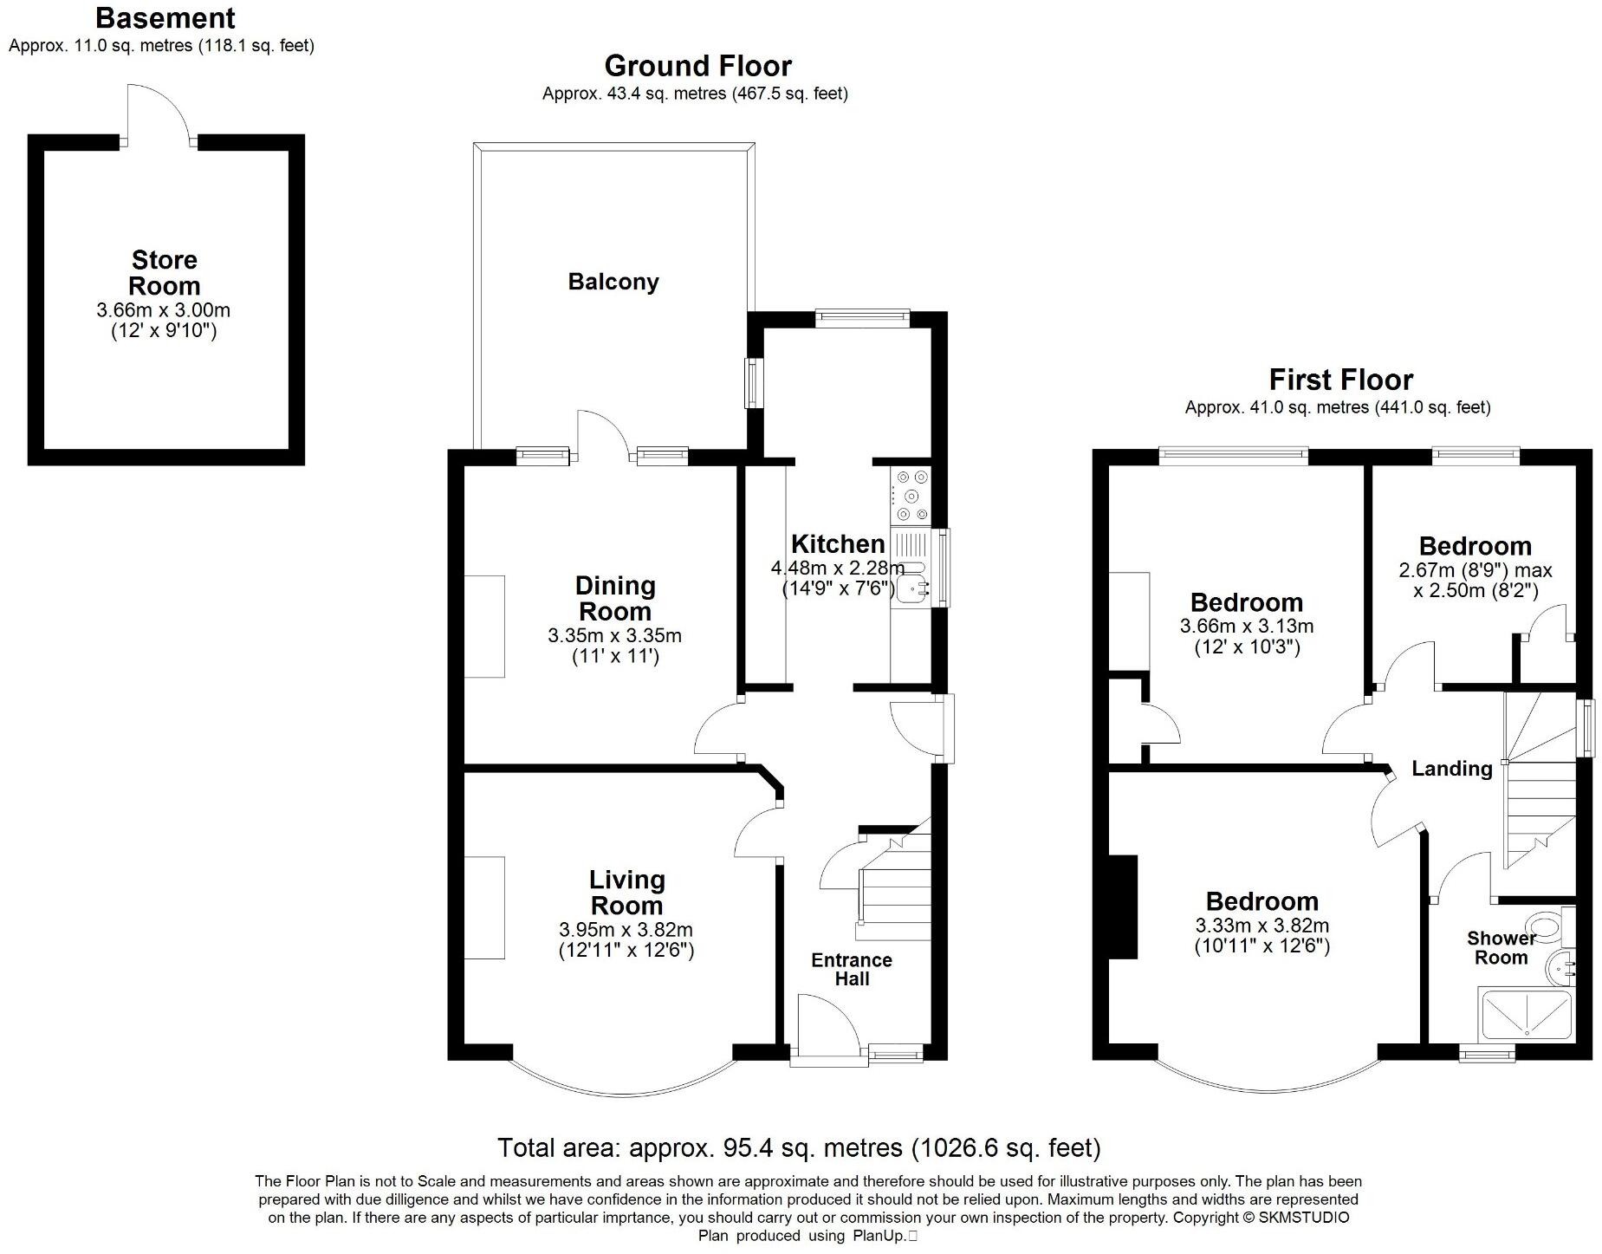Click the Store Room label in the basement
tap(165, 272)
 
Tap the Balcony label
tap(613, 282)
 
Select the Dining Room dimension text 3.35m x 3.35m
tap(614, 635)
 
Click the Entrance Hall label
tap(852, 969)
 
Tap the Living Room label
tap(626, 892)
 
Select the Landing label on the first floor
tap(1451, 768)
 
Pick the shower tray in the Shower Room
tap(1526, 1013)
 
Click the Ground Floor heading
tap(697, 66)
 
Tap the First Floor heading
tap(1340, 380)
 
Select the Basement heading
tap(165, 17)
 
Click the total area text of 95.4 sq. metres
tap(798, 1148)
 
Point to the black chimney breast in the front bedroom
tap(1123, 906)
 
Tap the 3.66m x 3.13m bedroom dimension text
tap(1246, 626)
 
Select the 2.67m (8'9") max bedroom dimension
tap(1475, 570)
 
